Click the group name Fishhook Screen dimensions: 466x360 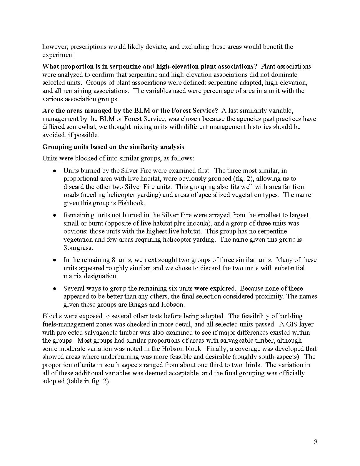[x=134, y=203]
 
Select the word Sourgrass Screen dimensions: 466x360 [x=78, y=248]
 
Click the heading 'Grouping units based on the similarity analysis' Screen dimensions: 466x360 [x=113, y=147]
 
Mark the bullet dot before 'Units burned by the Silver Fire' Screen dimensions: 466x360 [x=54, y=171]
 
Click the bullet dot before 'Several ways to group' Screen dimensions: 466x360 [x=54, y=288]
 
